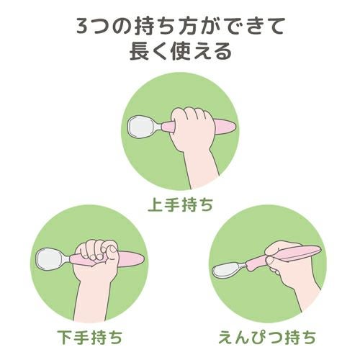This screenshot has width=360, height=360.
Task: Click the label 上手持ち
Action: point(181,205)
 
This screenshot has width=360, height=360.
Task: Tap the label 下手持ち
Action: point(90,337)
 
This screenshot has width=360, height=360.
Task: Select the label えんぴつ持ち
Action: point(267,337)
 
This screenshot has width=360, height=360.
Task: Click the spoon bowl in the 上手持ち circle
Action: point(142,127)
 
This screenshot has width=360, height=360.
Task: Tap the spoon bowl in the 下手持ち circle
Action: point(50,258)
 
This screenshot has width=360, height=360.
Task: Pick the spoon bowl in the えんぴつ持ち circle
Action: point(227,270)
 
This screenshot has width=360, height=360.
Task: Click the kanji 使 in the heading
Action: point(181,52)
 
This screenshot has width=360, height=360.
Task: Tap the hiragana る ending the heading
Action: point(223,52)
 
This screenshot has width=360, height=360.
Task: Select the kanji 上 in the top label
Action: point(156,205)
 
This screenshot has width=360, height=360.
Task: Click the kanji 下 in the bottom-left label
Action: point(66,337)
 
